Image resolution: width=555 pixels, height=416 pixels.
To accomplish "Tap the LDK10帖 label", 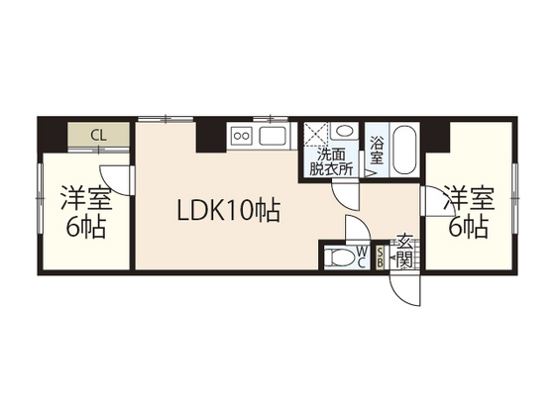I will (228, 210).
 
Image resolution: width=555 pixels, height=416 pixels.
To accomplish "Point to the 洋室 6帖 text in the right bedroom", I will (466, 210).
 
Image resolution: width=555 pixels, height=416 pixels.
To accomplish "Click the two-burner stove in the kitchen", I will (241, 136).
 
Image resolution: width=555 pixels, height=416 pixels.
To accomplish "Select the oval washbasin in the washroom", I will (343, 132).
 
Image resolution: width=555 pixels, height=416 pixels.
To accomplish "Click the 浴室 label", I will (378, 152).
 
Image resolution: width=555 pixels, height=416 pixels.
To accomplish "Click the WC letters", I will (362, 257).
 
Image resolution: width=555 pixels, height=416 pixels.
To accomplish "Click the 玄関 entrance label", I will (404, 251).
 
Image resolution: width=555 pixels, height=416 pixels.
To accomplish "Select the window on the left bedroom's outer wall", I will (40, 197).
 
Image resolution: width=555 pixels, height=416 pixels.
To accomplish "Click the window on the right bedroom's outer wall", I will (515, 188).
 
